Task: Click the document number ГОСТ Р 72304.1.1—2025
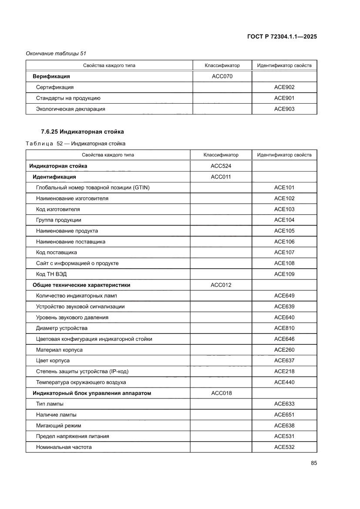point(282,37)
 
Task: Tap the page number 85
point(313,463)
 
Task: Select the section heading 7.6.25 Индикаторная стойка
point(82,131)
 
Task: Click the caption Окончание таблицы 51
point(56,54)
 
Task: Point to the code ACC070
point(222,77)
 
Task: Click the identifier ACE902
point(284,87)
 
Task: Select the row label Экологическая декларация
point(71,109)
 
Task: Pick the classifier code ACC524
point(221,166)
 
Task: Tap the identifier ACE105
point(284,231)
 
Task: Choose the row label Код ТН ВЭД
point(51,274)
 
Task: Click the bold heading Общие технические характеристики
point(81,285)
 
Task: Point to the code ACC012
point(221,285)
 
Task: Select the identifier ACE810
point(284,328)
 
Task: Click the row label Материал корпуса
point(59,350)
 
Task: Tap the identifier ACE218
point(284,371)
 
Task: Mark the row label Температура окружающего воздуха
point(81,382)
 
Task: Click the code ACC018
point(221,393)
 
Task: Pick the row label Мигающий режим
point(58,425)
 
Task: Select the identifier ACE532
point(284,447)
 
